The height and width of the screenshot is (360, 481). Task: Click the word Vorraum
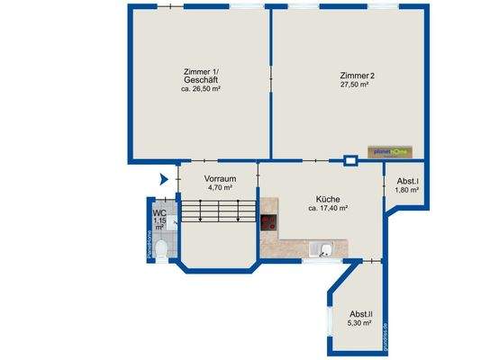pos(218,178)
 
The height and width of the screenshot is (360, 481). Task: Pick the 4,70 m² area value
pos(218,188)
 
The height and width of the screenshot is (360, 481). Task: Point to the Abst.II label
pos(360,313)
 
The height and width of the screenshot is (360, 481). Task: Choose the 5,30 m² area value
pos(360,323)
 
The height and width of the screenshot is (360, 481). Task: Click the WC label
pos(159,212)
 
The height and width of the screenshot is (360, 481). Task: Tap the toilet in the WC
pos(160,245)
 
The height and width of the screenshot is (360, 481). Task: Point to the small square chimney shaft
pos(350,162)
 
